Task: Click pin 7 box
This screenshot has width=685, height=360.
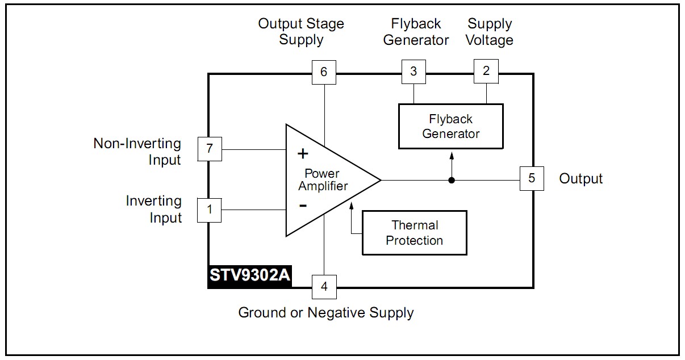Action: coord(210,149)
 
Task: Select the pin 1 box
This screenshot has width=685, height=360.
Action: coord(210,210)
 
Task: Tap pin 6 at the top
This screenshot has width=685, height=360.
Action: coord(324,72)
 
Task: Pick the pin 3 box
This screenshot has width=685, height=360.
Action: coord(413,72)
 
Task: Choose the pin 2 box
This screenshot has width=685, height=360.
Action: coord(486,71)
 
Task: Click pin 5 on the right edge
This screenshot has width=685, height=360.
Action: coord(532,178)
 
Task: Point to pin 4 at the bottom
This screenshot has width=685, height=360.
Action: coord(324,286)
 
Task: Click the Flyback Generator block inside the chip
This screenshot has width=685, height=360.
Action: coord(450,126)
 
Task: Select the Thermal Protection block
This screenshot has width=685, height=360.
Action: coord(414,233)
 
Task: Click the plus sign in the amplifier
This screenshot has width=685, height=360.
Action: coord(303,153)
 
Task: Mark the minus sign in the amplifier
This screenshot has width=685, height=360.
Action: coord(303,206)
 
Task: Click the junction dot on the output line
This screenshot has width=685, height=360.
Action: coord(452,181)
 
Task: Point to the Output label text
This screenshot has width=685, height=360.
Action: coord(580,179)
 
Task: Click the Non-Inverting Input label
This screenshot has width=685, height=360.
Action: coord(137,152)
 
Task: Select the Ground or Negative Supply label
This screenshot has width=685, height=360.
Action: coord(325,312)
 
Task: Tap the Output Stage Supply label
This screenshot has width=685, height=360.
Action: coord(301,32)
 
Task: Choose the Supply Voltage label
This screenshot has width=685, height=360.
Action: coord(490,32)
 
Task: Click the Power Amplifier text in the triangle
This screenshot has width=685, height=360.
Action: coord(322,179)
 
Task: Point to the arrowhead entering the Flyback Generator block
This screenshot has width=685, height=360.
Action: coord(452,154)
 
